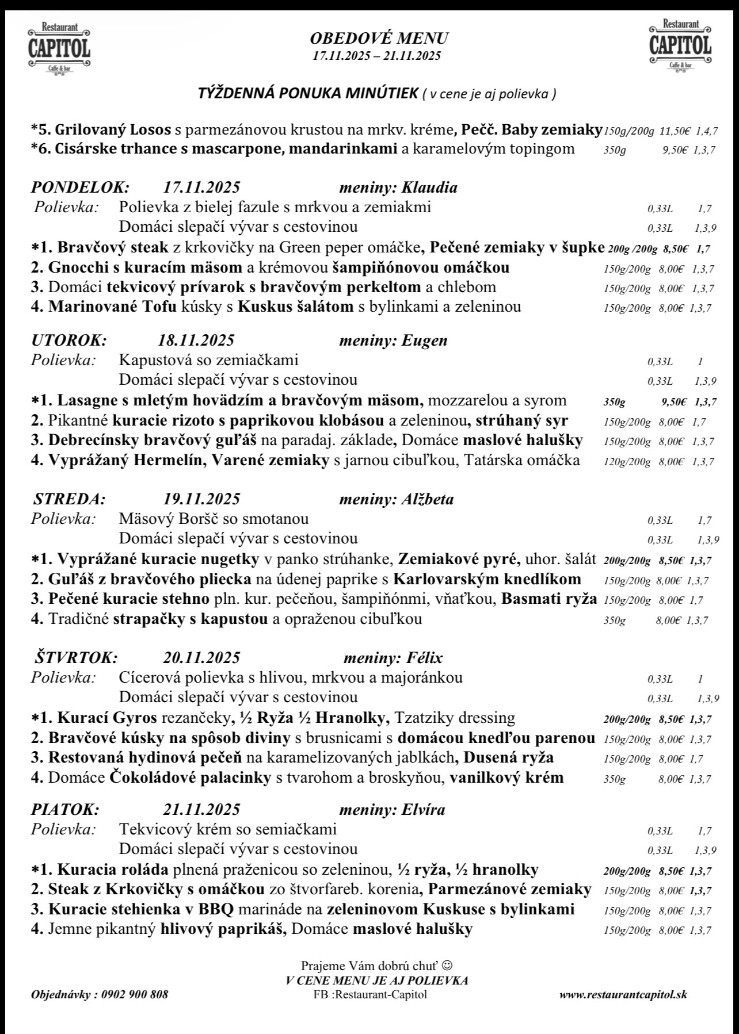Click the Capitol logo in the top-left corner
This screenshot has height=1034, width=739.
click(x=59, y=48)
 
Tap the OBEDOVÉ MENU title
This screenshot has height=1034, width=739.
click(x=379, y=39)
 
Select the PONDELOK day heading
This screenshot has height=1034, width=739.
click(x=80, y=187)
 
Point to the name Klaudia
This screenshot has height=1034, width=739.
click(x=430, y=187)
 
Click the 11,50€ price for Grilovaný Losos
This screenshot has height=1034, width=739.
click(x=674, y=132)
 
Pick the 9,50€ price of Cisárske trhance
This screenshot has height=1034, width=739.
click(x=675, y=151)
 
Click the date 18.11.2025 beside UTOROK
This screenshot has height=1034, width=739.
click(x=196, y=340)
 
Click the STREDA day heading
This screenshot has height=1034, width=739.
click(x=70, y=499)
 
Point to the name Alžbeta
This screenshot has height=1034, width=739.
click(x=428, y=499)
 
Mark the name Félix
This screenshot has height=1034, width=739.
click(x=425, y=657)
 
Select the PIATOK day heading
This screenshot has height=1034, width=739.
click(x=65, y=810)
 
